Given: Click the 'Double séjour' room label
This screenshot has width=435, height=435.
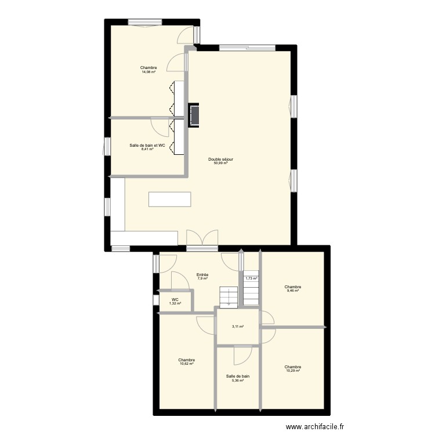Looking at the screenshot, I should (220, 159).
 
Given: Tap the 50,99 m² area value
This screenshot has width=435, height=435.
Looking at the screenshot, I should (220, 163).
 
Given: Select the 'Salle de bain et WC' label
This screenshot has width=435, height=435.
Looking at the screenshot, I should (147, 145).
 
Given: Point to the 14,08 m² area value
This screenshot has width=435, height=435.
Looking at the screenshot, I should (148, 71).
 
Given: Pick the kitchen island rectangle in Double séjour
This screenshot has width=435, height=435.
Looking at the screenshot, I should (169, 200).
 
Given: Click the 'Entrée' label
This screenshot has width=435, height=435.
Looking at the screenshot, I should (202, 275).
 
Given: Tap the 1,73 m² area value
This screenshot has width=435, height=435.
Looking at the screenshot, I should (252, 278).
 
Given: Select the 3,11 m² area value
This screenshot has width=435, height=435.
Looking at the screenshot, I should (238, 327).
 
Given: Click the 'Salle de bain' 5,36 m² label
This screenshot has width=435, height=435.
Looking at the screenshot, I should (238, 376).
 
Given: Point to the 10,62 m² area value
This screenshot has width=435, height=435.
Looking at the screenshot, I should (187, 364).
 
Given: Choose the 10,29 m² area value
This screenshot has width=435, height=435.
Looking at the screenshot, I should (293, 371).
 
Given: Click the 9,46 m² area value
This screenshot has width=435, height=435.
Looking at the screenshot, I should (293, 291).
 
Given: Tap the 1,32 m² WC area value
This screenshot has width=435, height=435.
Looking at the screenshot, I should (175, 303).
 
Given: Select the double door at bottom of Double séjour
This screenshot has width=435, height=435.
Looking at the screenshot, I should (202, 238).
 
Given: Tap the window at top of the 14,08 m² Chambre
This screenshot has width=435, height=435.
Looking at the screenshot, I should (145, 23).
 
